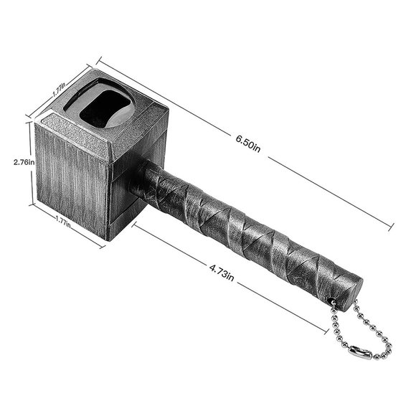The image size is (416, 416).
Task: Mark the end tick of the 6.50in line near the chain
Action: click(392, 228)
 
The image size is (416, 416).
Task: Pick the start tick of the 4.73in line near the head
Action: click(133, 227)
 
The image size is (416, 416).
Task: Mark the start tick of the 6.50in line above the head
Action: click(97, 61)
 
